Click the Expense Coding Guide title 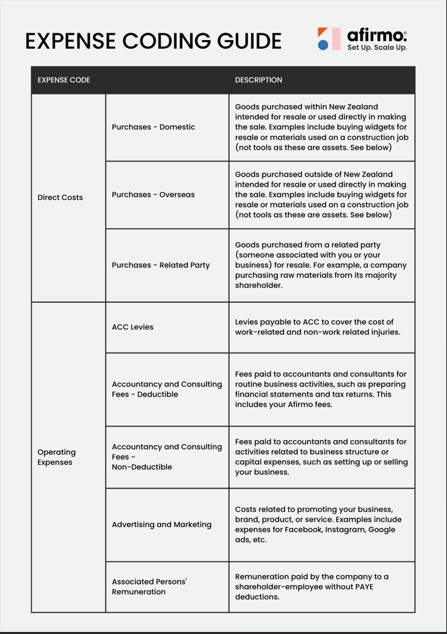[153, 41]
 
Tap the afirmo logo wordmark [377, 35]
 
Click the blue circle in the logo [323, 45]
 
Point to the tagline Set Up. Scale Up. [377, 48]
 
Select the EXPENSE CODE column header [63, 80]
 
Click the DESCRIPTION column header [259, 80]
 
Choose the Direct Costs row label [60, 198]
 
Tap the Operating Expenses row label [57, 457]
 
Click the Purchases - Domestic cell [154, 127]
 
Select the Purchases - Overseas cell [154, 195]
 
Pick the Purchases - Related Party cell [161, 266]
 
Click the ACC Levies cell [133, 327]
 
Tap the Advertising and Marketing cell [162, 525]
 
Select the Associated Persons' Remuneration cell [150, 587]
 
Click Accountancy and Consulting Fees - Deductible [167, 389]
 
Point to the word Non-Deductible [142, 467]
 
